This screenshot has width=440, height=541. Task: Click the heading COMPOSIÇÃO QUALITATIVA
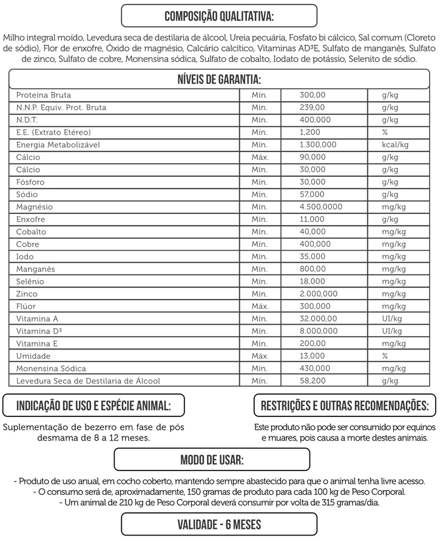point(219,15)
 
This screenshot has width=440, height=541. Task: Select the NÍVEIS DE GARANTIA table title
point(219,80)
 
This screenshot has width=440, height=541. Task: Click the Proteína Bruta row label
point(44,95)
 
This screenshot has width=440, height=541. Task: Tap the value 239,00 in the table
point(313,108)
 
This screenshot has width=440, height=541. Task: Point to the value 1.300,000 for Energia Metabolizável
point(318,145)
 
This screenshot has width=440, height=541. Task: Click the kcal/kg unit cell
point(395,145)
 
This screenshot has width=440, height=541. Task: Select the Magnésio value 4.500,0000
point(320,207)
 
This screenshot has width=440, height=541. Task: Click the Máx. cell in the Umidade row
point(260,356)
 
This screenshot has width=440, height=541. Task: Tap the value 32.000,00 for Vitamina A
point(318,319)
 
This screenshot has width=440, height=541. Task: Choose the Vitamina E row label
point(38,343)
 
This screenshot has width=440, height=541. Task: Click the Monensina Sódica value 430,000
point(315,368)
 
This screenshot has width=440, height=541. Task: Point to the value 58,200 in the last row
point(313,381)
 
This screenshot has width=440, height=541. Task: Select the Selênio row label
point(30,281)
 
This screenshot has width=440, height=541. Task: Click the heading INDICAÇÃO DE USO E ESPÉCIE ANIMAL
point(93,405)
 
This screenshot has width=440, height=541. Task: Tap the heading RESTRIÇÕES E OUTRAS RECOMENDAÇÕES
point(345,405)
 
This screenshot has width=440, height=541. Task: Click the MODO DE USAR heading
point(212,459)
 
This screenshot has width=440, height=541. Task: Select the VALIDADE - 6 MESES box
point(219,524)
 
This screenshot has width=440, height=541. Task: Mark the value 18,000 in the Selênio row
point(313,281)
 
